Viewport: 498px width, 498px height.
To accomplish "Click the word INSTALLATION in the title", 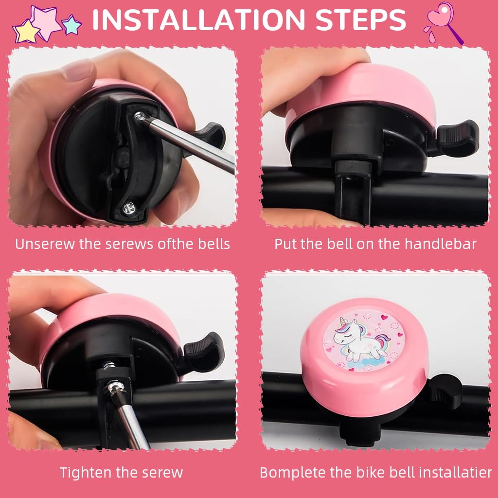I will pos(193,19).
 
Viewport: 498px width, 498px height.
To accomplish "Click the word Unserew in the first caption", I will pos(45,244).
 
